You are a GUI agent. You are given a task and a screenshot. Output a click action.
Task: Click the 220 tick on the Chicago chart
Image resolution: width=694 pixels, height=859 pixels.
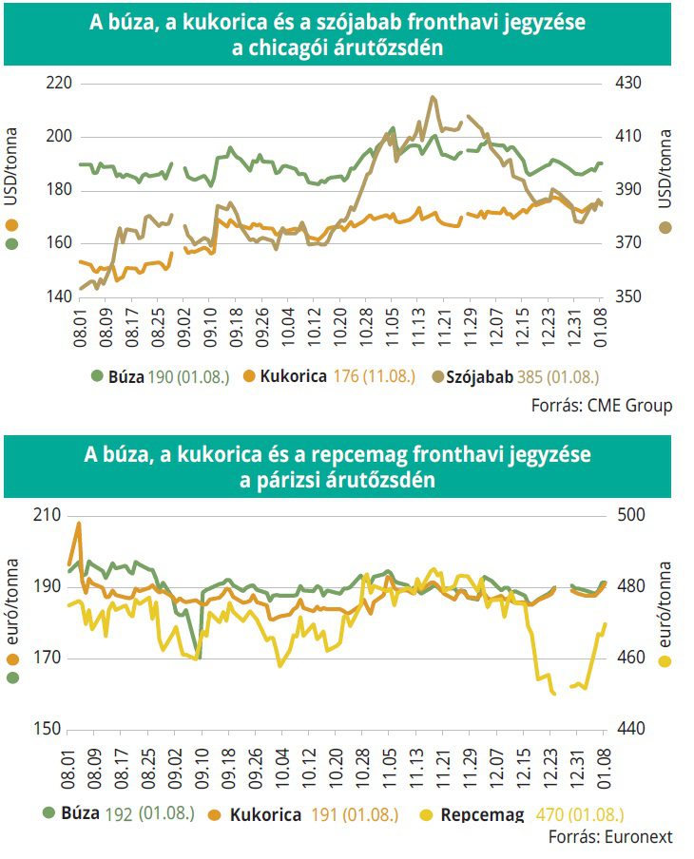[59, 84]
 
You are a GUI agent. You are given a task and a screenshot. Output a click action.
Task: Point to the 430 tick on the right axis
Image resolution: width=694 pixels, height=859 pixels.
[630, 84]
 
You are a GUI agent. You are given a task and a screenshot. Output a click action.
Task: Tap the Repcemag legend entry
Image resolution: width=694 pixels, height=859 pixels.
[480, 814]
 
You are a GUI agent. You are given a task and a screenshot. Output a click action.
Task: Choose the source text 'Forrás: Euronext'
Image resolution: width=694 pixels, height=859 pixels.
[610, 838]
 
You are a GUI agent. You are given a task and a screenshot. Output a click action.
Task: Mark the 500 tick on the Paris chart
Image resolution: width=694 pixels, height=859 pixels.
[630, 515]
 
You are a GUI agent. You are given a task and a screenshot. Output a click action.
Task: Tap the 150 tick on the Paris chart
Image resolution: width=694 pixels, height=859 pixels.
[50, 730]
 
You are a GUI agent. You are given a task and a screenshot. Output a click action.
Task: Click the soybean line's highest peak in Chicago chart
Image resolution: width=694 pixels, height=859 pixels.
[433, 97]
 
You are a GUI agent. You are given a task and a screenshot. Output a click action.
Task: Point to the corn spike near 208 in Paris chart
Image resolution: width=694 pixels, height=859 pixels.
[79, 524]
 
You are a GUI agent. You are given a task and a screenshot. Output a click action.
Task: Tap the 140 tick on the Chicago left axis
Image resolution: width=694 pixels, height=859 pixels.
[59, 296]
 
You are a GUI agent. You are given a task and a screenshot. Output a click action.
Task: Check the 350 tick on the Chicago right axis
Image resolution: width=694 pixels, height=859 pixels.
[630, 296]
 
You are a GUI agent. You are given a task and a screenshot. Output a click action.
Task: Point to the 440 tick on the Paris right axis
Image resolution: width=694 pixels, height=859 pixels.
[630, 730]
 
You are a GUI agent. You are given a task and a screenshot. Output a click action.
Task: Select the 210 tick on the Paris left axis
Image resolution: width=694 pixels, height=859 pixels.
[50, 515]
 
